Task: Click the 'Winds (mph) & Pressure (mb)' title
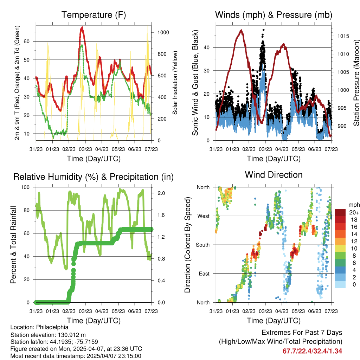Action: (x=274, y=15)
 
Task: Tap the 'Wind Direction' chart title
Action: (x=274, y=175)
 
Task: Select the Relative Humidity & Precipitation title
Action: (x=93, y=177)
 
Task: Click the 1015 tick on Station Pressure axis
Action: (x=343, y=36)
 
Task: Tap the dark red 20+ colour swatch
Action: (x=340, y=212)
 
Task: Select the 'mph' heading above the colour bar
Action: (x=353, y=205)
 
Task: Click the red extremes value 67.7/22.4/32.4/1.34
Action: (x=312, y=351)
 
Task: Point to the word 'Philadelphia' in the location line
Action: (x=51, y=327)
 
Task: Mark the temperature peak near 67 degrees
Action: (x=82, y=27)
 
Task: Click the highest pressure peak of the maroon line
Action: (x=241, y=30)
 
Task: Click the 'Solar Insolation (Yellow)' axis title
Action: (x=174, y=83)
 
